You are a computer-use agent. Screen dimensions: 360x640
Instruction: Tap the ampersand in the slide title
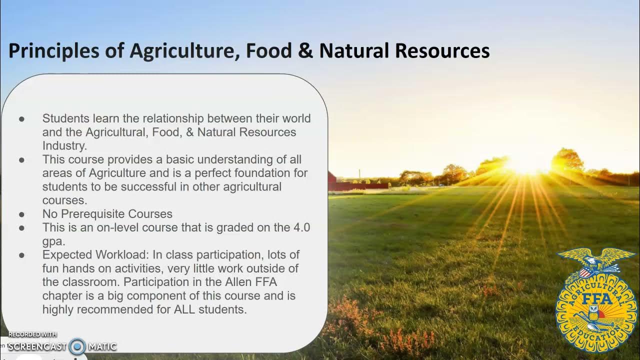pyautogui.click(x=304, y=51)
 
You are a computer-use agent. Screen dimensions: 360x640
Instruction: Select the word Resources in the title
pyautogui.click(x=442, y=51)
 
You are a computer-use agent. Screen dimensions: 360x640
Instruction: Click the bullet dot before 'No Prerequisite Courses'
pyautogui.click(x=21, y=214)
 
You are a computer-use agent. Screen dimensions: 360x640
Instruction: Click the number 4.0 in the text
pyautogui.click(x=301, y=227)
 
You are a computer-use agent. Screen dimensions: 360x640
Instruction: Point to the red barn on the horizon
pyautogui.click(x=332, y=180)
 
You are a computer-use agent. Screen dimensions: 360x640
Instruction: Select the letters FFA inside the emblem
pyautogui.click(x=596, y=299)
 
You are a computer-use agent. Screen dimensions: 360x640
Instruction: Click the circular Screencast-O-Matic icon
pyautogui.click(x=77, y=346)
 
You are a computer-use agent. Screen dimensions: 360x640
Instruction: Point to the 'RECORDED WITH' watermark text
pyautogui.click(x=32, y=334)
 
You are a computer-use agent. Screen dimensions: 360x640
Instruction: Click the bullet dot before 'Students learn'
pyautogui.click(x=21, y=119)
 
